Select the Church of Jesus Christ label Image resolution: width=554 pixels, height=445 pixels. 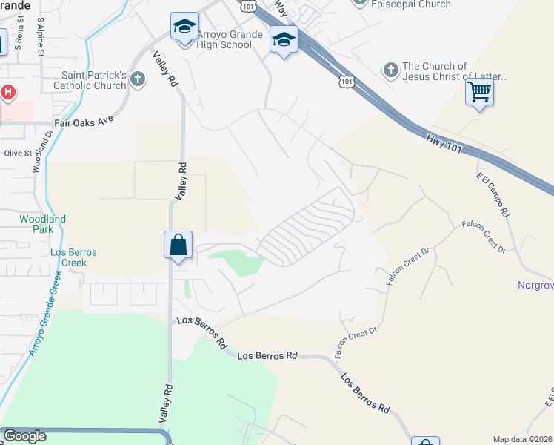[x=453, y=71]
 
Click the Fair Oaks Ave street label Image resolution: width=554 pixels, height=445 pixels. [x=84, y=124]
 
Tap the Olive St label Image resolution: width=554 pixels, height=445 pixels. [x=19, y=154]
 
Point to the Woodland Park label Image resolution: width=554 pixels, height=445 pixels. [x=42, y=224]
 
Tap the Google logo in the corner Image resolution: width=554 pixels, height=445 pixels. [x=24, y=436]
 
